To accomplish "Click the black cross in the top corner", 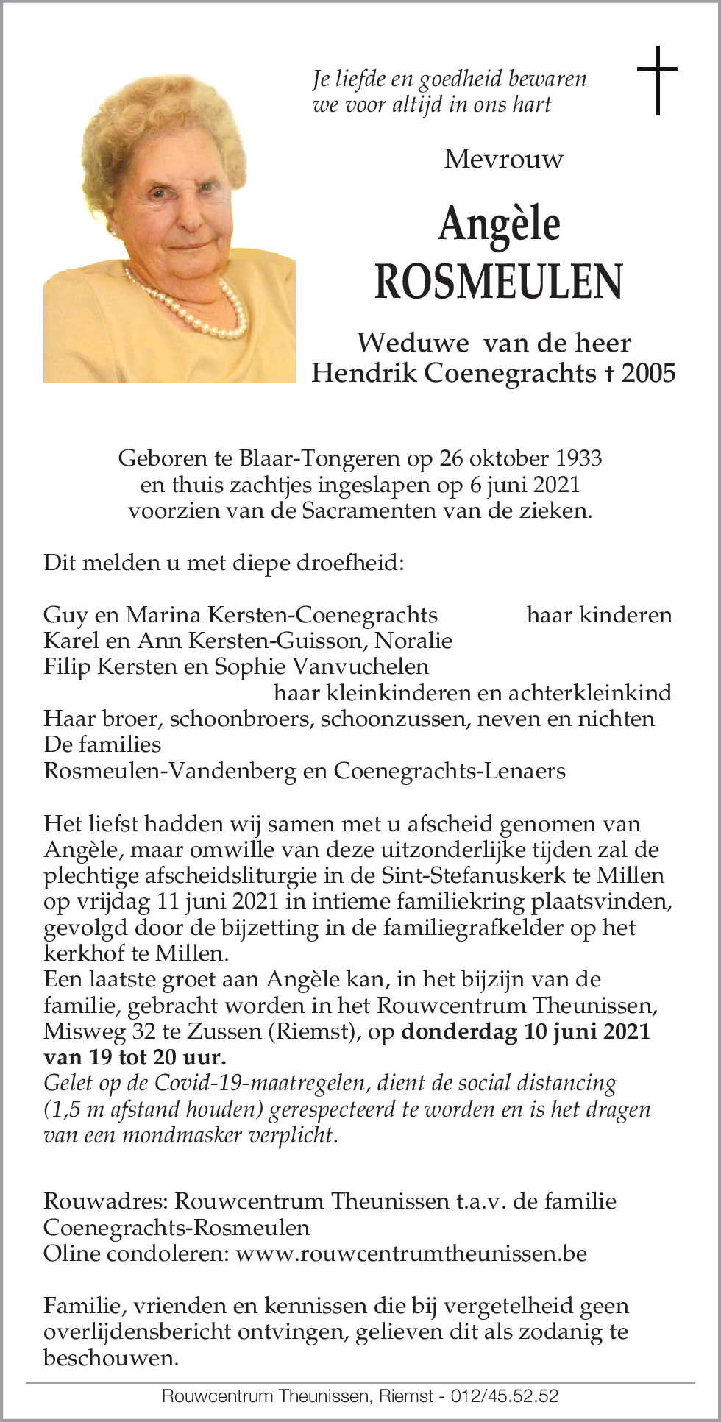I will tap(657, 80).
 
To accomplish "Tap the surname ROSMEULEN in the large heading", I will tap(499, 281).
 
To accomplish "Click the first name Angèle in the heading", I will tap(499, 224).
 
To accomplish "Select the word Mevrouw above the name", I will tap(504, 159).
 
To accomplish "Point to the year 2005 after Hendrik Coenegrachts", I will tap(648, 373).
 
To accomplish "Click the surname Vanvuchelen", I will tap(360, 666).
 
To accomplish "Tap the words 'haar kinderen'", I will tap(599, 614).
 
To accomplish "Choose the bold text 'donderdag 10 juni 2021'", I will tap(525, 1031).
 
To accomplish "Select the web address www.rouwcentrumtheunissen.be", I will tap(411, 1253).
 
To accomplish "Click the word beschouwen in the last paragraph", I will tap(111, 1357).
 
